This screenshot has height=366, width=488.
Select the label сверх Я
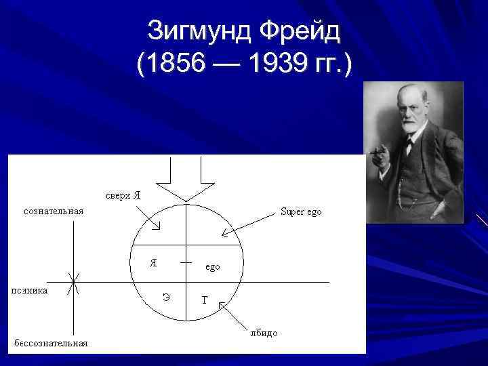(123, 195)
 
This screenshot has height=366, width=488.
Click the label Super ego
(301, 211)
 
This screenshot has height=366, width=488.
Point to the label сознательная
(54, 211)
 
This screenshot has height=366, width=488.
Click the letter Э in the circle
(166, 296)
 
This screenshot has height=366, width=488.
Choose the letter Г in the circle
(205, 300)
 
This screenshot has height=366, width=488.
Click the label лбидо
(264, 333)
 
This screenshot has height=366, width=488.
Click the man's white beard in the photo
(413, 125)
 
